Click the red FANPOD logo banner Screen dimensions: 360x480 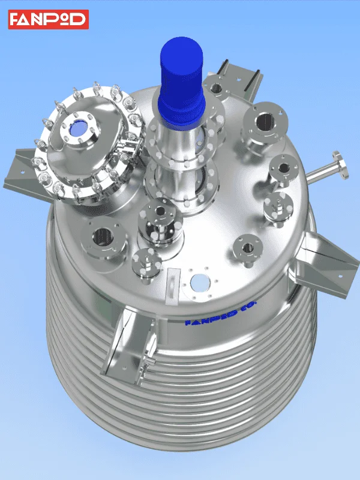pyautogui.click(x=49, y=19)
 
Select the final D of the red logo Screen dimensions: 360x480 pyautogui.click(x=79, y=19)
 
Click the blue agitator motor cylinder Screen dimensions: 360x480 pyautogui.click(x=181, y=81)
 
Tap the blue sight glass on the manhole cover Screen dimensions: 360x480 pyautogui.click(x=79, y=128)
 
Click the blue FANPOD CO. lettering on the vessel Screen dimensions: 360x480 pyautogui.click(x=220, y=313)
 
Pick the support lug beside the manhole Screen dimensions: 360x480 pyautogui.click(x=25, y=175)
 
